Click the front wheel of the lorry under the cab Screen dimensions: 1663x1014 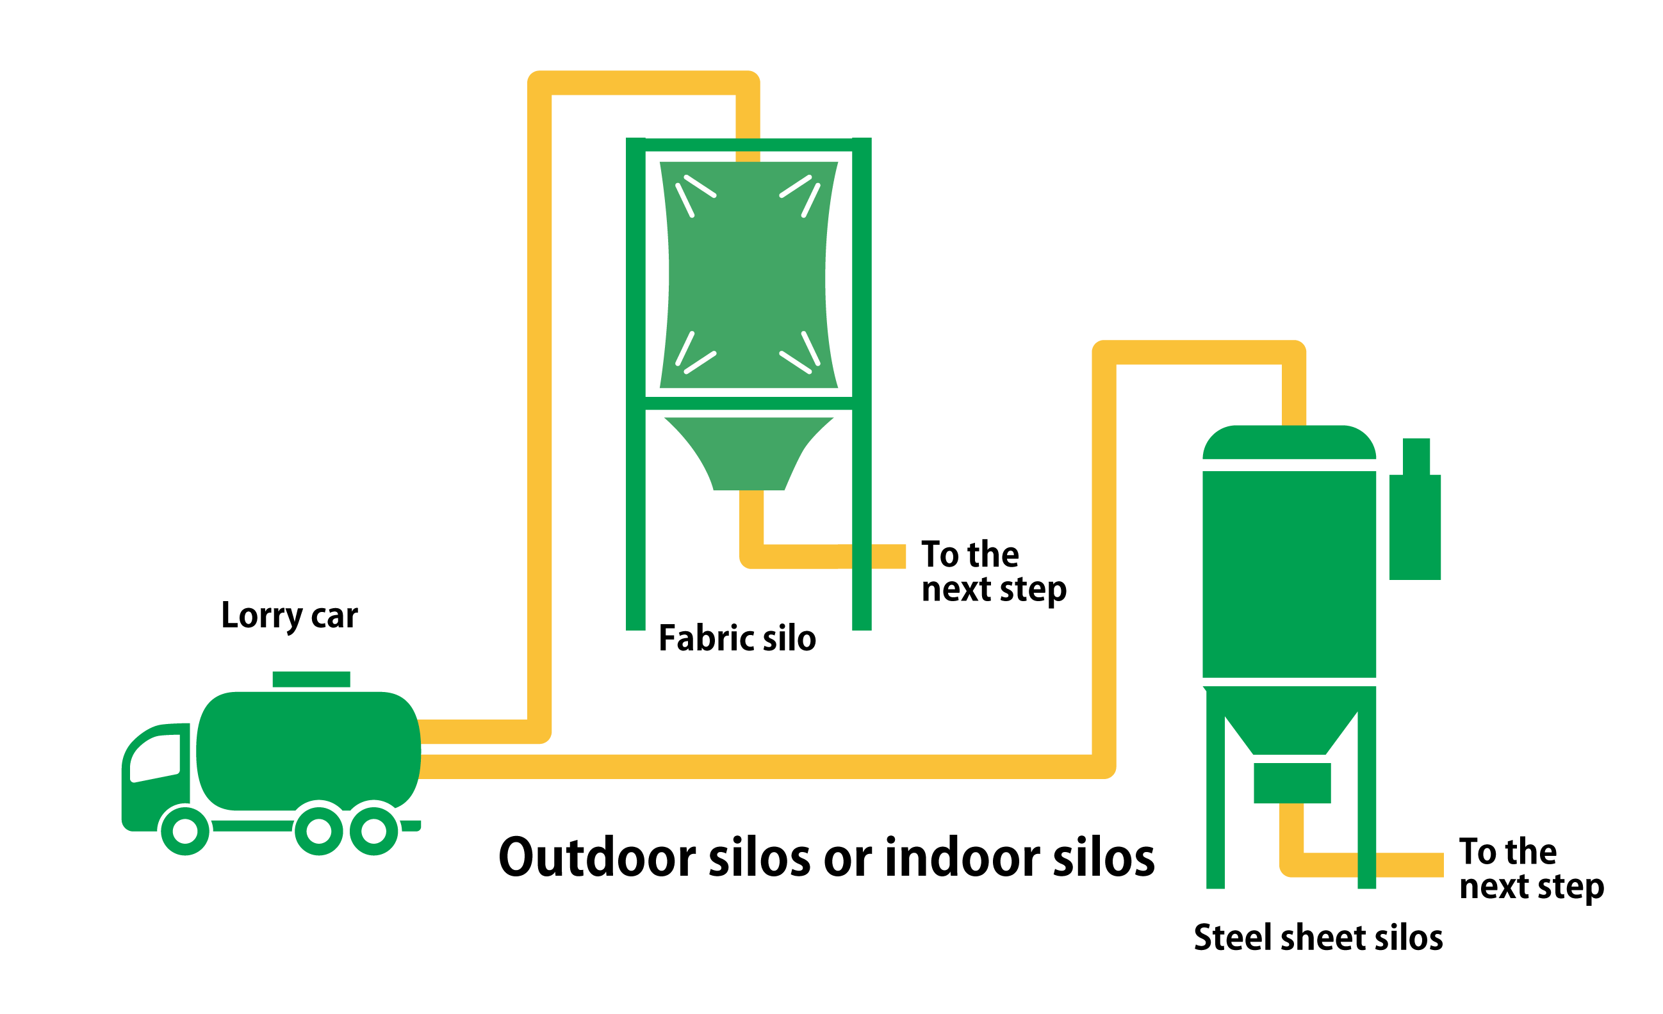point(185,830)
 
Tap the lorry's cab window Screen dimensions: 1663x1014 point(155,759)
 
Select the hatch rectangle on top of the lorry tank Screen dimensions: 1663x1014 point(311,679)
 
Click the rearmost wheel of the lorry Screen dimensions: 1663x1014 point(374,830)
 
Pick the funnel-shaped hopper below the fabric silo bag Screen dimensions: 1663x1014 point(748,453)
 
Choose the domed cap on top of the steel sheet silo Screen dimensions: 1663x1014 point(1289,442)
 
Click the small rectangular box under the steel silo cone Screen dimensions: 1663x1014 point(1293,784)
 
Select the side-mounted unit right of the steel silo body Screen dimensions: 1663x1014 point(1415,510)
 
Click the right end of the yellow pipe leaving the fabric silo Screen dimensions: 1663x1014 point(905,556)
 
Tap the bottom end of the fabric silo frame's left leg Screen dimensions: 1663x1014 point(635,629)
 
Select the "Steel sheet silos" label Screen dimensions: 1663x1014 point(1318,938)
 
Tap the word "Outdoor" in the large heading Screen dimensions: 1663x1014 point(598,857)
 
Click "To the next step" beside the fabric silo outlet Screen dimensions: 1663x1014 point(994,572)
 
